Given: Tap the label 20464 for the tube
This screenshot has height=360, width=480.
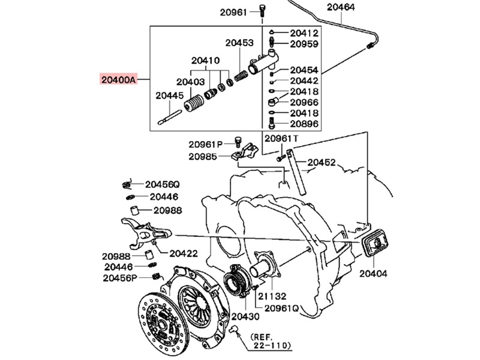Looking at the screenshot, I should pos(341,7).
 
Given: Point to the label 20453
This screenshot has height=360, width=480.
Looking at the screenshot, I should pos(239,43).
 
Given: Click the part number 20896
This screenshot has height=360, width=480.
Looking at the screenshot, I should pos(304,124).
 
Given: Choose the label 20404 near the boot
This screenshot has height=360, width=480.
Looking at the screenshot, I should pos(374,273).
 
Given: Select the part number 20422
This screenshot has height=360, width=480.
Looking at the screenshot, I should pos(183,253).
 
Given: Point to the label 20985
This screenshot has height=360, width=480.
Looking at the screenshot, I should pos(202,156).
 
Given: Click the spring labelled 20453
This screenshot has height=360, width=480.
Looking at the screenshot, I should pos(240,77).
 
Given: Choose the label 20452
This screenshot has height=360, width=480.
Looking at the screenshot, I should pos(322,162).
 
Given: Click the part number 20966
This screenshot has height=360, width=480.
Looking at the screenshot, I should pos(304,102).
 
